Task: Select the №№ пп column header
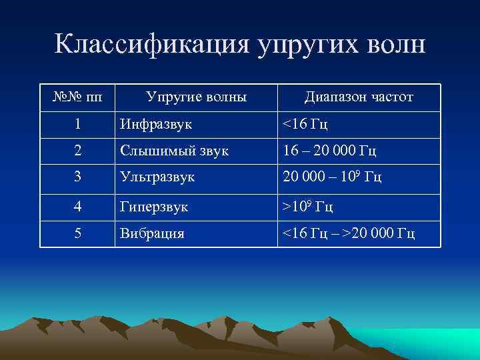tap(77, 97)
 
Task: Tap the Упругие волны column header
tap(196, 97)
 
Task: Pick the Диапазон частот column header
tap(359, 97)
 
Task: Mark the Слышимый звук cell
tap(174, 151)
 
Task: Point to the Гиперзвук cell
tap(154, 207)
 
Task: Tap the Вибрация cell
tap(153, 234)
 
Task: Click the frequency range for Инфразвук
tap(305, 124)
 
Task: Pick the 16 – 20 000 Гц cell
tap(330, 151)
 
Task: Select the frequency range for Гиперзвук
tap(308, 207)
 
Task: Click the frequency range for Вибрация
tap(349, 234)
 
